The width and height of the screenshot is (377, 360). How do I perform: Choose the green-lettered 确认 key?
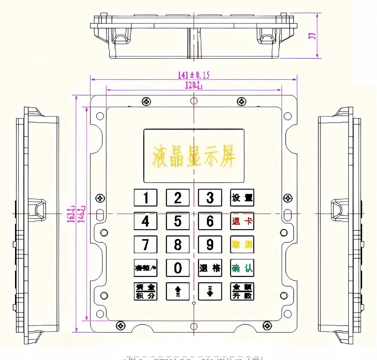coord(242,268)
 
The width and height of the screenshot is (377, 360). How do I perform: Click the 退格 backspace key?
coord(210,268)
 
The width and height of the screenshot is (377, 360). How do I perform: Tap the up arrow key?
coord(178,291)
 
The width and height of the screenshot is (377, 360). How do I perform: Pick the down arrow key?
coord(210,291)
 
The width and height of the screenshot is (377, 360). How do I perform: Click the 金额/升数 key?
coord(242,291)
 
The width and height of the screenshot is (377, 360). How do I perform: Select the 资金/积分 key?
coord(145,291)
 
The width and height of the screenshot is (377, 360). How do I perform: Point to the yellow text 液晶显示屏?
coord(193,156)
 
